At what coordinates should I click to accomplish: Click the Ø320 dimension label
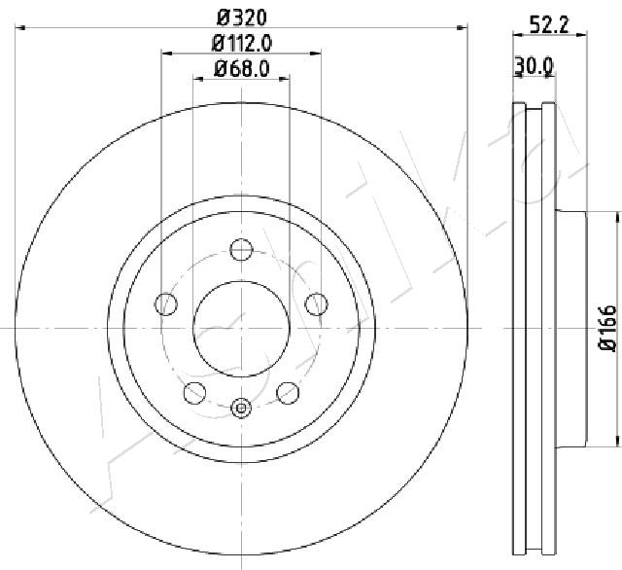click(242, 18)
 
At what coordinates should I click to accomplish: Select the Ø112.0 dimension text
click(242, 43)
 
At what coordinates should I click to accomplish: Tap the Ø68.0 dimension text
click(242, 68)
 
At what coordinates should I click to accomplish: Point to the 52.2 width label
click(549, 25)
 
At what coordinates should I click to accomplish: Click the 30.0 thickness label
click(534, 66)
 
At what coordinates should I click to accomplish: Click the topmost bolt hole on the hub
click(241, 250)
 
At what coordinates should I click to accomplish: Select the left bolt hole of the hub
click(166, 304)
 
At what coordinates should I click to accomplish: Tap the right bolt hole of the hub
click(317, 304)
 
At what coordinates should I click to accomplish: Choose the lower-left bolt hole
click(194, 393)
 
